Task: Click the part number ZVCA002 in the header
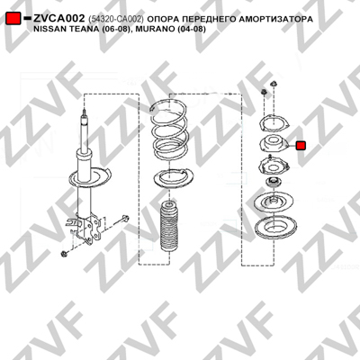tap(59, 19)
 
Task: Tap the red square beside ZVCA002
tap(13, 18)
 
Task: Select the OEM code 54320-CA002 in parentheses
tap(116, 19)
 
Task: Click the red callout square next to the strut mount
tap(301, 146)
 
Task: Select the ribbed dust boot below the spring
tap(169, 228)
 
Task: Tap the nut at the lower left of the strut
tap(64, 254)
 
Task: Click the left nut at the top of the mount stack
tap(264, 92)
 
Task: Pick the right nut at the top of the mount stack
tap(274, 84)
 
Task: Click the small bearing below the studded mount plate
tap(273, 182)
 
